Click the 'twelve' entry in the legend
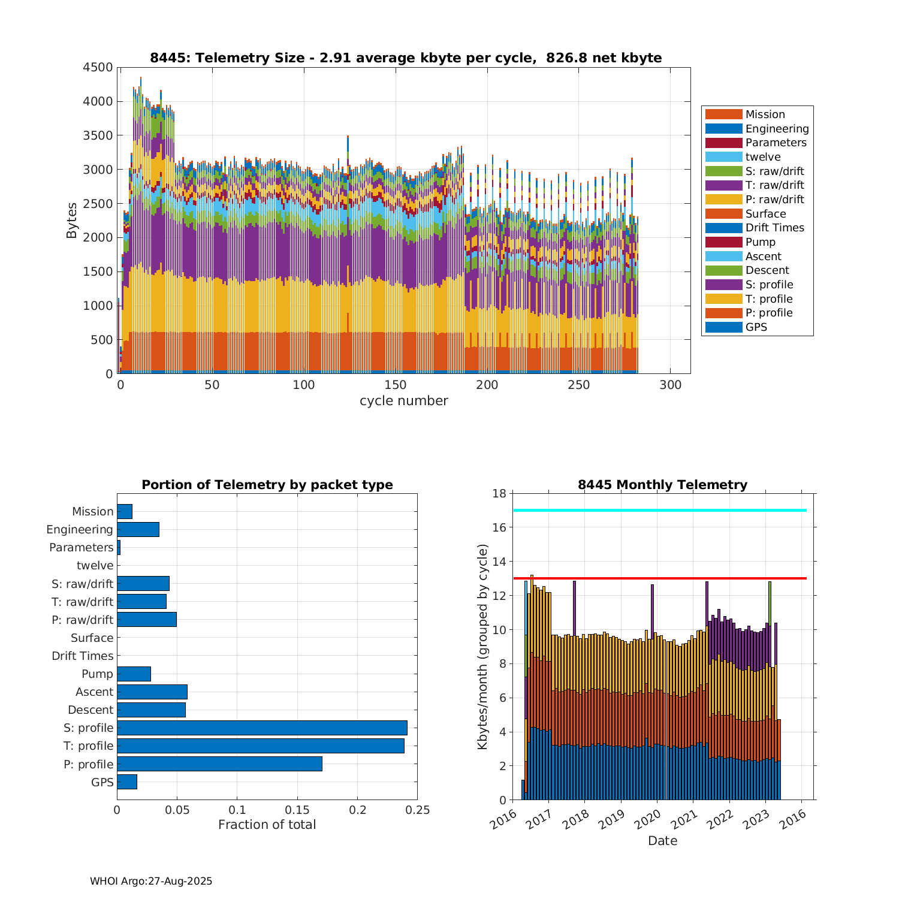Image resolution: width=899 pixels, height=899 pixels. point(763,157)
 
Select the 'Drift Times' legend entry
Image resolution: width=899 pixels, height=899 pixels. point(774,228)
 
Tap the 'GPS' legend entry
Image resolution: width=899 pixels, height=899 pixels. point(756,327)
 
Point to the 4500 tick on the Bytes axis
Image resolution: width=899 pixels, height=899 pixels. point(98,67)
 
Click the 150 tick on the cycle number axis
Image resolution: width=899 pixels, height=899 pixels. point(396,385)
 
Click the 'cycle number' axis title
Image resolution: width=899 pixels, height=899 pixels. point(403,401)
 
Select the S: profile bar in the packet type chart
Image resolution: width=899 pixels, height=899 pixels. point(262,728)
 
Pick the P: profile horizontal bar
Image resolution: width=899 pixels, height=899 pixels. point(219,764)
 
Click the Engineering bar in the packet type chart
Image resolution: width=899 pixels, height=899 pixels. point(138,529)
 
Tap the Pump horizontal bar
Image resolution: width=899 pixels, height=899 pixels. point(134,674)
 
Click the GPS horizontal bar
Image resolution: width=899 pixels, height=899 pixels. point(126,782)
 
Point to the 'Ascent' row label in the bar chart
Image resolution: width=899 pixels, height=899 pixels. point(94,692)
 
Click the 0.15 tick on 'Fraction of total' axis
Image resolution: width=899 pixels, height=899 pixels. point(297,810)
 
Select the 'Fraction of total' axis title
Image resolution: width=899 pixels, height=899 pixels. point(267,825)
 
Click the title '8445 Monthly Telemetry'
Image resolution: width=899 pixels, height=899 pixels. point(662,485)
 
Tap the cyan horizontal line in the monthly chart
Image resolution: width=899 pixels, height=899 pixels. point(659,511)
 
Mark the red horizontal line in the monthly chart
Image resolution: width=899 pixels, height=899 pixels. point(659,578)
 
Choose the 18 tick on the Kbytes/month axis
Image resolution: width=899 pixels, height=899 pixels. point(499,493)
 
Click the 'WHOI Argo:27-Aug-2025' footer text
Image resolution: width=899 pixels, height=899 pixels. point(151,882)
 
